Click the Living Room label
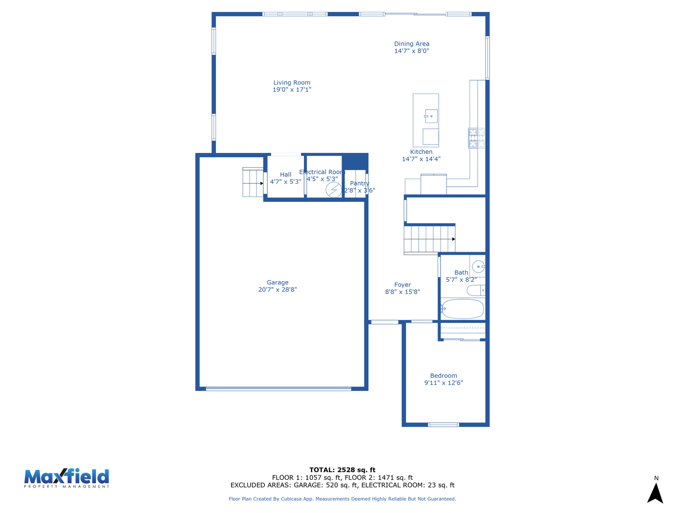tap(292, 83)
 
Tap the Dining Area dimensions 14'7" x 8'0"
tap(411, 51)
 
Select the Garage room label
tap(277, 282)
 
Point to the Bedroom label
tap(443, 375)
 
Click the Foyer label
tap(402, 285)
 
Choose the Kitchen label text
tap(421, 152)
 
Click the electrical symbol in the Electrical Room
tap(333, 190)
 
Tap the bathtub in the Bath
tap(462, 309)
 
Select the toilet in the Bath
tap(476, 290)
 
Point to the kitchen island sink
tap(431, 116)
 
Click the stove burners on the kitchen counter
tap(476, 138)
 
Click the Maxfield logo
tap(67, 478)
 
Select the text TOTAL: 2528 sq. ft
tap(342, 470)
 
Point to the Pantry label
tap(359, 183)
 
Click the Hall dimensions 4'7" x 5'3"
tap(285, 181)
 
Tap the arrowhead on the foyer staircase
tap(453, 239)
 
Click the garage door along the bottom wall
tap(278, 389)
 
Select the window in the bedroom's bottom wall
tap(443, 425)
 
